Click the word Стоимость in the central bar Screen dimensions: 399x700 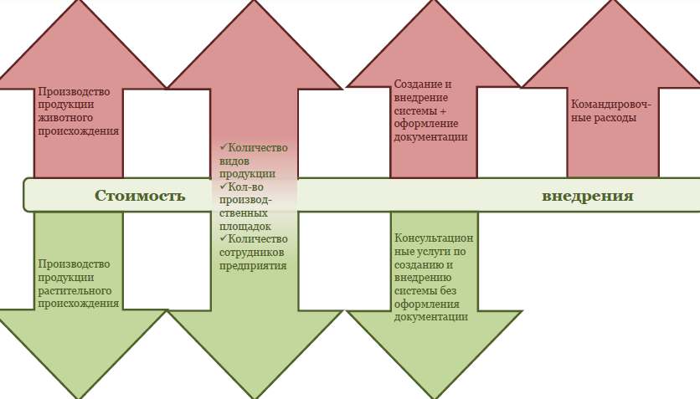pyautogui.click(x=139, y=196)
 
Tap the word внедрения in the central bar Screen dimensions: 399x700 pyautogui.click(x=587, y=196)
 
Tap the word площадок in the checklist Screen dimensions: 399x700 pyautogui.click(x=245, y=226)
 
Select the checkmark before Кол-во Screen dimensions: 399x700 pyautogui.click(x=224, y=187)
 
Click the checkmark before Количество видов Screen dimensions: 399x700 pyautogui.click(x=224, y=147)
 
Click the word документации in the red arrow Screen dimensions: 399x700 pyautogui.click(x=430, y=137)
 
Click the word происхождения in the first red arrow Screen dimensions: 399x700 pyautogui.click(x=78, y=131)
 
